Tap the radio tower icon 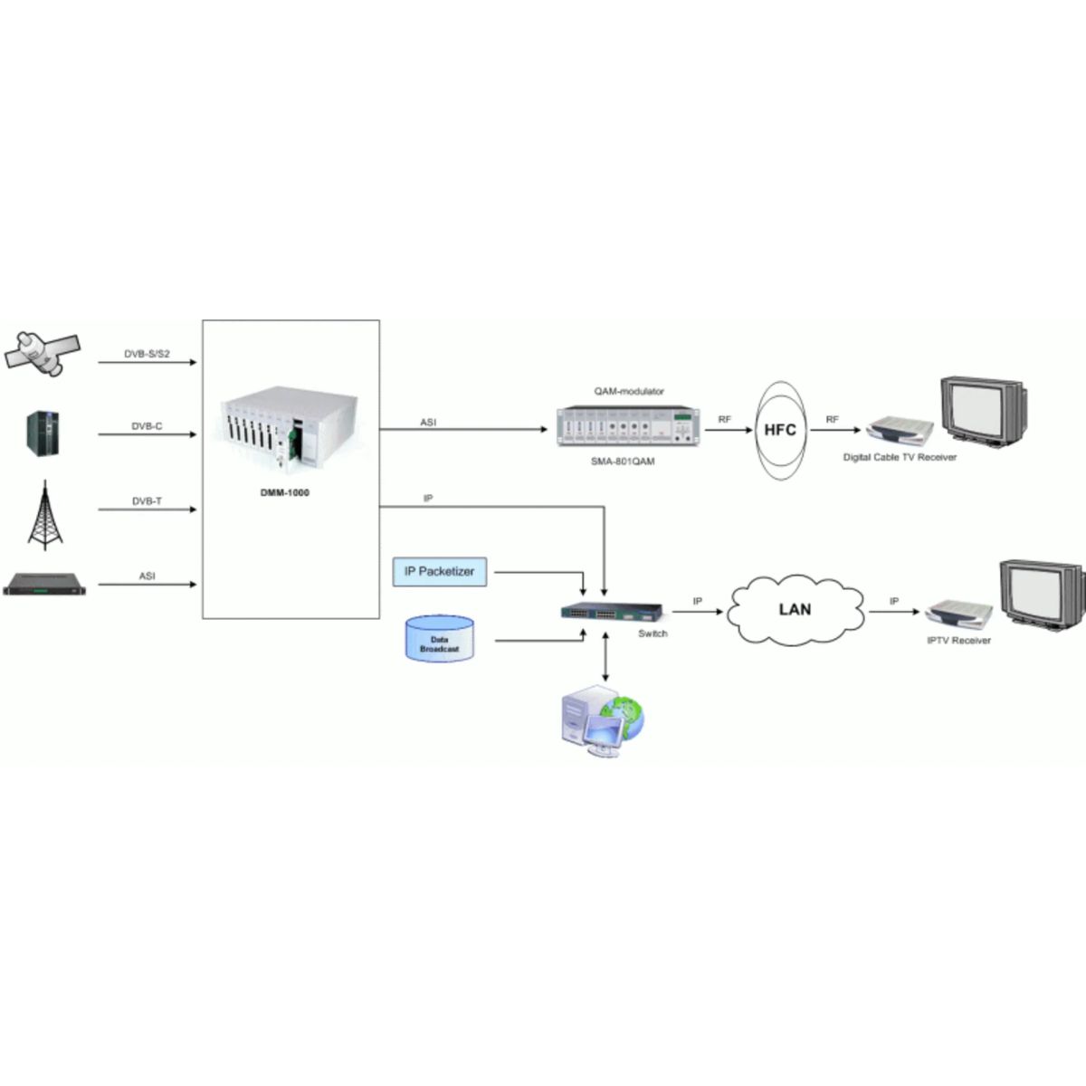click(45, 515)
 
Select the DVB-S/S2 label click(147, 354)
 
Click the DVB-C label click(147, 425)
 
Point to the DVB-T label click(147, 500)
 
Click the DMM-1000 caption click(285, 492)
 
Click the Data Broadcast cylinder click(439, 639)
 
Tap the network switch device click(612, 612)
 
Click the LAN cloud click(795, 610)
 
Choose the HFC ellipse click(779, 430)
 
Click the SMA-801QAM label click(624, 461)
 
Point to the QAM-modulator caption click(629, 391)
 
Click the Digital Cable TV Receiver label click(900, 458)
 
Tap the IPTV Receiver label click(958, 640)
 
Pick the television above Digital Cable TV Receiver click(985, 409)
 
